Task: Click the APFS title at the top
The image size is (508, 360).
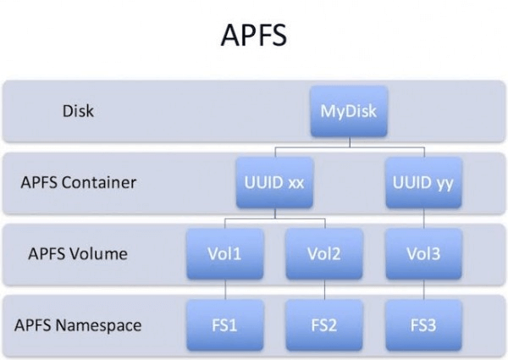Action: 253,36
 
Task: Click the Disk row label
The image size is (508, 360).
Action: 78,110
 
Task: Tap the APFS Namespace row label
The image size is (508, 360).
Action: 78,324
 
